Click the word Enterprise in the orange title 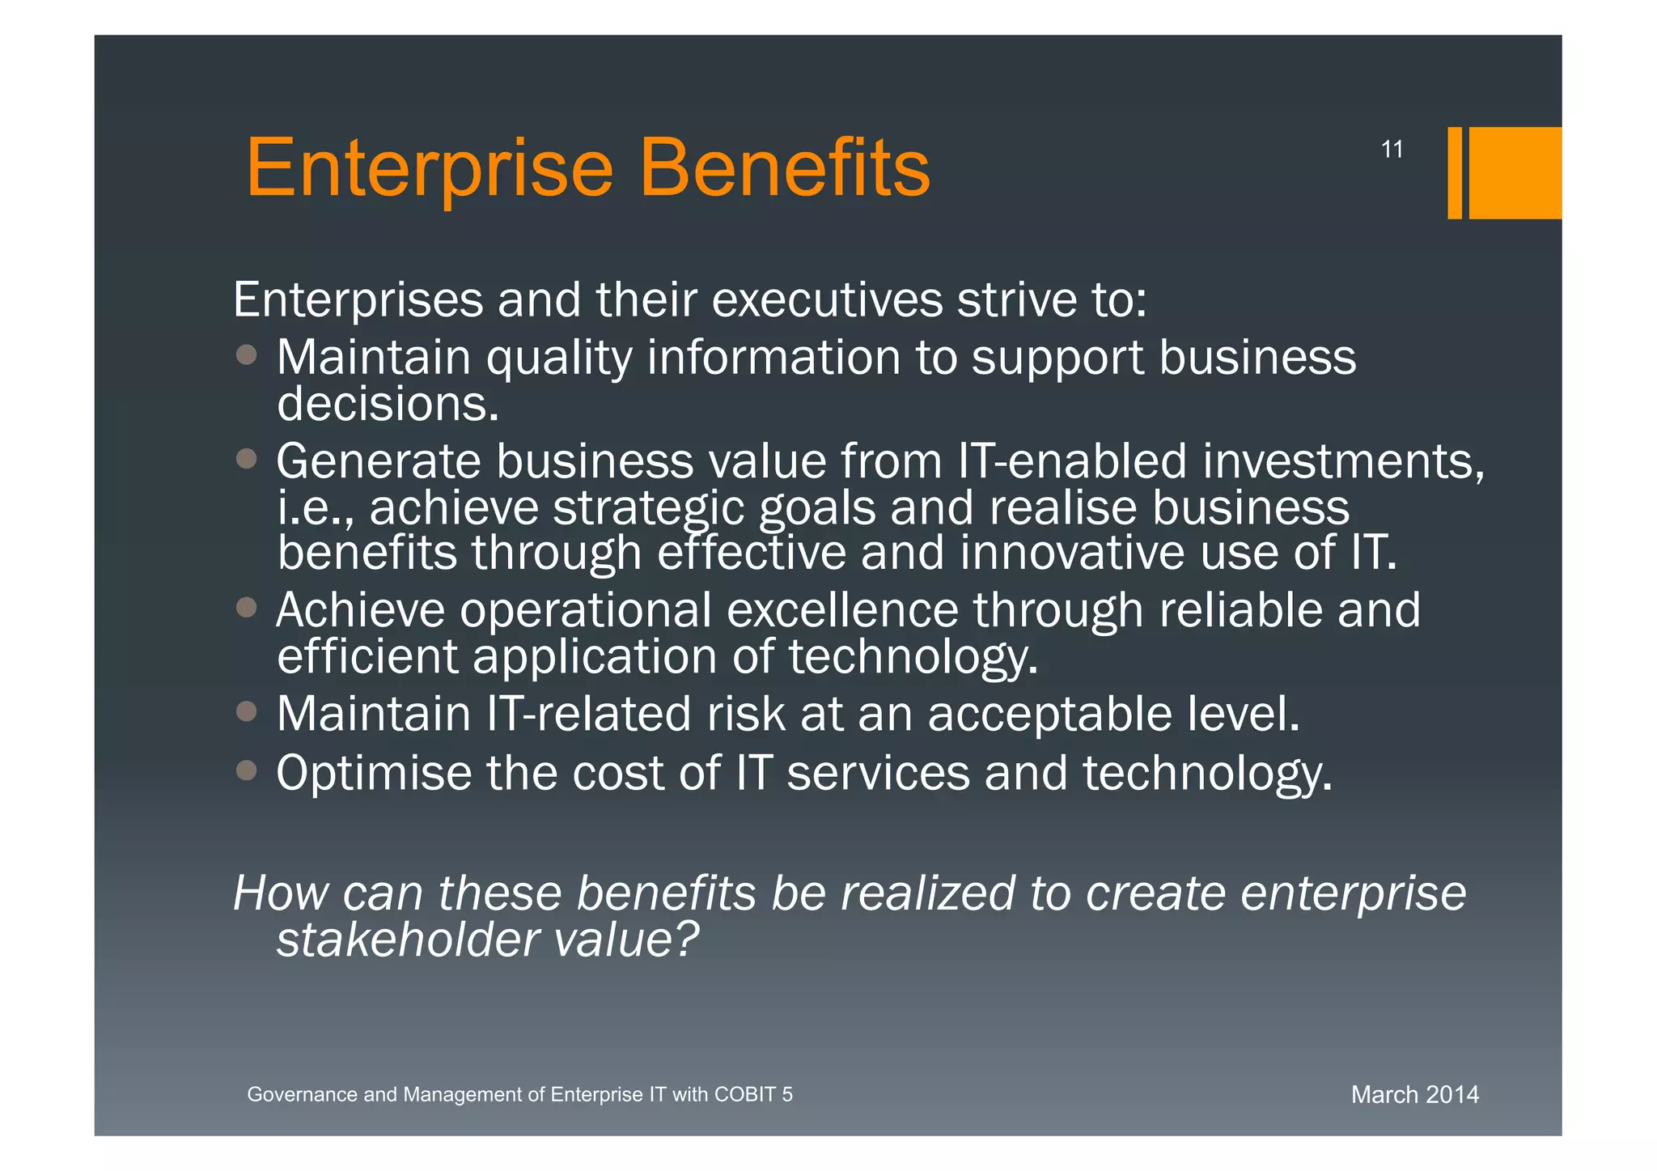pyautogui.click(x=430, y=168)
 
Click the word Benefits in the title pyautogui.click(x=784, y=168)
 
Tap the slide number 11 pyautogui.click(x=1392, y=150)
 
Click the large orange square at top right pyautogui.click(x=1515, y=172)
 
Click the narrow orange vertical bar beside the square pyautogui.click(x=1454, y=172)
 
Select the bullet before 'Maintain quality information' pyautogui.click(x=247, y=354)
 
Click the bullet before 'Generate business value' pyautogui.click(x=247, y=459)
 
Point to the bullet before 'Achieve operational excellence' pyautogui.click(x=247, y=607)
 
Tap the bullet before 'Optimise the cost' pyautogui.click(x=247, y=770)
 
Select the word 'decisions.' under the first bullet pyautogui.click(x=388, y=404)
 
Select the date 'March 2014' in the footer pyautogui.click(x=1414, y=1094)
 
